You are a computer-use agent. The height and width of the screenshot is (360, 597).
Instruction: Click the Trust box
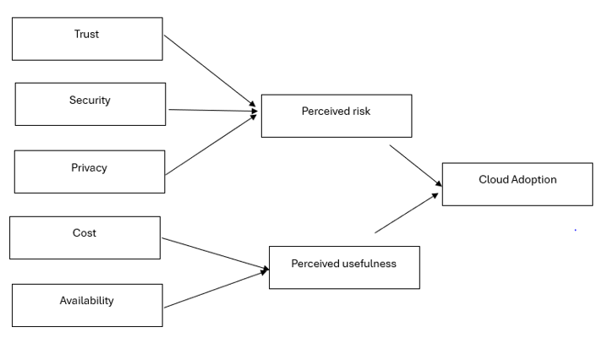click(x=87, y=39)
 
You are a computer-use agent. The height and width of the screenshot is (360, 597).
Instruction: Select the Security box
click(x=90, y=104)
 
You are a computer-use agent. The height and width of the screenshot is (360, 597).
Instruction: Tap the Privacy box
click(x=90, y=172)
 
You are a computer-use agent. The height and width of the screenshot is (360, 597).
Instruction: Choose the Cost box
click(x=85, y=237)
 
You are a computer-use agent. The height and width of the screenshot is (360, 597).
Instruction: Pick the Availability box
click(x=87, y=305)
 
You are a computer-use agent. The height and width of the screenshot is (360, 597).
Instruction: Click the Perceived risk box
click(x=337, y=116)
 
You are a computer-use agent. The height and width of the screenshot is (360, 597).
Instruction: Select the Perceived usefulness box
click(x=344, y=268)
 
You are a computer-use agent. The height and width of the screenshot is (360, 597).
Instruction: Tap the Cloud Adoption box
click(x=518, y=184)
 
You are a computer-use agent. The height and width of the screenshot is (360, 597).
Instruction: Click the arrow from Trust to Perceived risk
click(x=210, y=72)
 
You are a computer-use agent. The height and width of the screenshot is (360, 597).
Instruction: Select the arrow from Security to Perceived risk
click(x=211, y=110)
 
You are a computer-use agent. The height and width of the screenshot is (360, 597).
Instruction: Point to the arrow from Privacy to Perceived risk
click(x=211, y=144)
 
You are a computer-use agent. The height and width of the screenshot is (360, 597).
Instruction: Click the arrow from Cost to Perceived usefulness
click(x=215, y=254)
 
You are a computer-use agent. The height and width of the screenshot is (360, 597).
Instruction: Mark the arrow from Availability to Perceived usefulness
click(x=215, y=288)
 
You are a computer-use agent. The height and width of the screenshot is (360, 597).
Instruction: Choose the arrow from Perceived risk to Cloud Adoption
click(x=415, y=165)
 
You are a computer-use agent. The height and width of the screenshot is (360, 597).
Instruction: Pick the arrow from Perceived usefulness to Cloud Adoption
click(x=407, y=213)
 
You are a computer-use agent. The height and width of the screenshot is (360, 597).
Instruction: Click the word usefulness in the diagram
click(x=369, y=264)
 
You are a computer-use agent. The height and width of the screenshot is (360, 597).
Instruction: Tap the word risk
click(x=360, y=112)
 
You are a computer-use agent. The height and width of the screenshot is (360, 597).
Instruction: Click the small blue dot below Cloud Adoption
click(x=576, y=230)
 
